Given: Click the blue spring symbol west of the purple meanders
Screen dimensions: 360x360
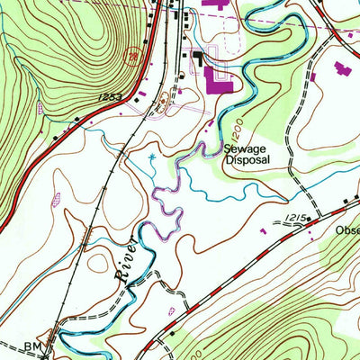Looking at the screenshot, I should pos(152,159).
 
